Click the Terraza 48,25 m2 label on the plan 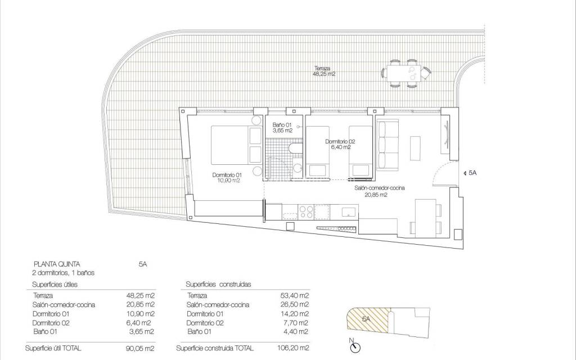325,70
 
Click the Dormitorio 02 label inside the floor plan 340,145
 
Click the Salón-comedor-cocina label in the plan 380,192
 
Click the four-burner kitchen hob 306,212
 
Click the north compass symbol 354,348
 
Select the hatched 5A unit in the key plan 366,319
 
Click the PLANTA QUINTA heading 57,263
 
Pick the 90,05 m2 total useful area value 141,349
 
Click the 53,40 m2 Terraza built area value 296,295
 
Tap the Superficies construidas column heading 218,285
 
